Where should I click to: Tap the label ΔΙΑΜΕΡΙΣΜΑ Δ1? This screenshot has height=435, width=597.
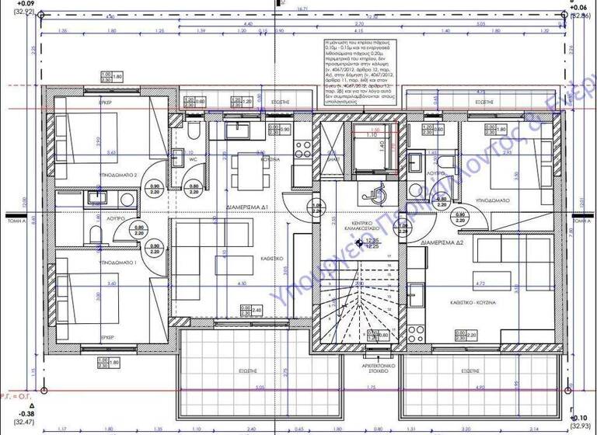coord(247,209)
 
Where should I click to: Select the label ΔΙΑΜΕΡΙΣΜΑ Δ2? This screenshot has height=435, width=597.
coord(442,243)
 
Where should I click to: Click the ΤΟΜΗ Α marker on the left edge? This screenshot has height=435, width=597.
coord(16,220)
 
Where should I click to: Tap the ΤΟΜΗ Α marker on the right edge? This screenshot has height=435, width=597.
coord(581,220)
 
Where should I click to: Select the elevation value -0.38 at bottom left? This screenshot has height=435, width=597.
coord(11,414)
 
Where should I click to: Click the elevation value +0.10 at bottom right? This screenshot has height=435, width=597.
coord(580,416)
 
